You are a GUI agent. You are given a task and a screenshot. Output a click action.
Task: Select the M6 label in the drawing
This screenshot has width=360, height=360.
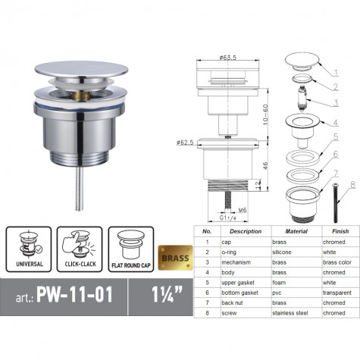pos(243,210)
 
